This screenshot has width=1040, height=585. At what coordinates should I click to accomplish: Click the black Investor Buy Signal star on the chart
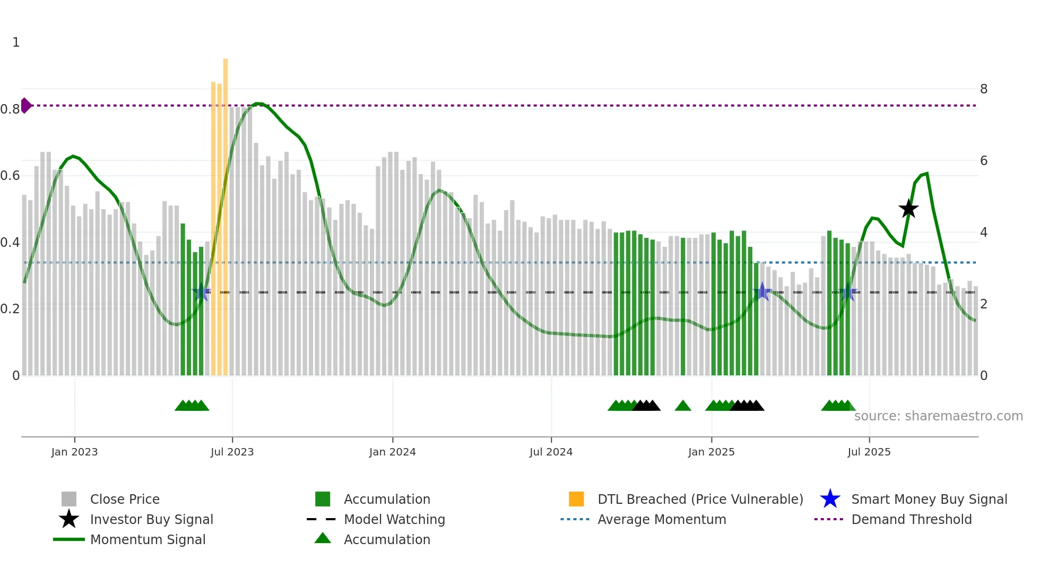point(908,209)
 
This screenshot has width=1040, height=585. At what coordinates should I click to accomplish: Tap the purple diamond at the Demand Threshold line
point(25,106)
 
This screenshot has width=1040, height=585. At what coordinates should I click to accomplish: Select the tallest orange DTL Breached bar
point(226,217)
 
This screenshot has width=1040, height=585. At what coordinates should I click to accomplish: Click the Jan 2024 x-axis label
point(392,452)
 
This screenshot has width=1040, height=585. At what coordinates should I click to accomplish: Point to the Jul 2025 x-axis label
point(869,452)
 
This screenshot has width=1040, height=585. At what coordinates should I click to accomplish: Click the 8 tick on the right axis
point(983,89)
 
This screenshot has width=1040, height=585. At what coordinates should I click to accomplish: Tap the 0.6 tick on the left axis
point(11,176)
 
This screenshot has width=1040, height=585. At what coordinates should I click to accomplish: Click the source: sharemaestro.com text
point(938,416)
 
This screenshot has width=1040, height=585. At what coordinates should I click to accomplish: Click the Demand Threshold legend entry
point(911,519)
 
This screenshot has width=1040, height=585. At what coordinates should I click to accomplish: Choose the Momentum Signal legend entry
point(148,539)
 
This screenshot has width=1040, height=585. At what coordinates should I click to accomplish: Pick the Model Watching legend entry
point(394,519)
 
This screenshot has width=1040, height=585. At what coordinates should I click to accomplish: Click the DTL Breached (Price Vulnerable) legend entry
point(700,499)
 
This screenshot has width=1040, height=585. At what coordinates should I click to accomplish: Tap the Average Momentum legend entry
point(661,519)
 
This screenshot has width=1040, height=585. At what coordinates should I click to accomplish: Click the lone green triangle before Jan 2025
point(683,406)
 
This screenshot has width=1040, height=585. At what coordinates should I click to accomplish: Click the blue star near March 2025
point(762,291)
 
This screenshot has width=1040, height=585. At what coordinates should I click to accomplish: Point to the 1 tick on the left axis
point(16,42)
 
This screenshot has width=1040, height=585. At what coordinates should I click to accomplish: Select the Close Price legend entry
point(124,499)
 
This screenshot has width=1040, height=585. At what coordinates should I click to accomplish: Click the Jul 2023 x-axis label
point(232,452)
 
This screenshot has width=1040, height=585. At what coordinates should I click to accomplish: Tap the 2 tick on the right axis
point(983,304)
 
